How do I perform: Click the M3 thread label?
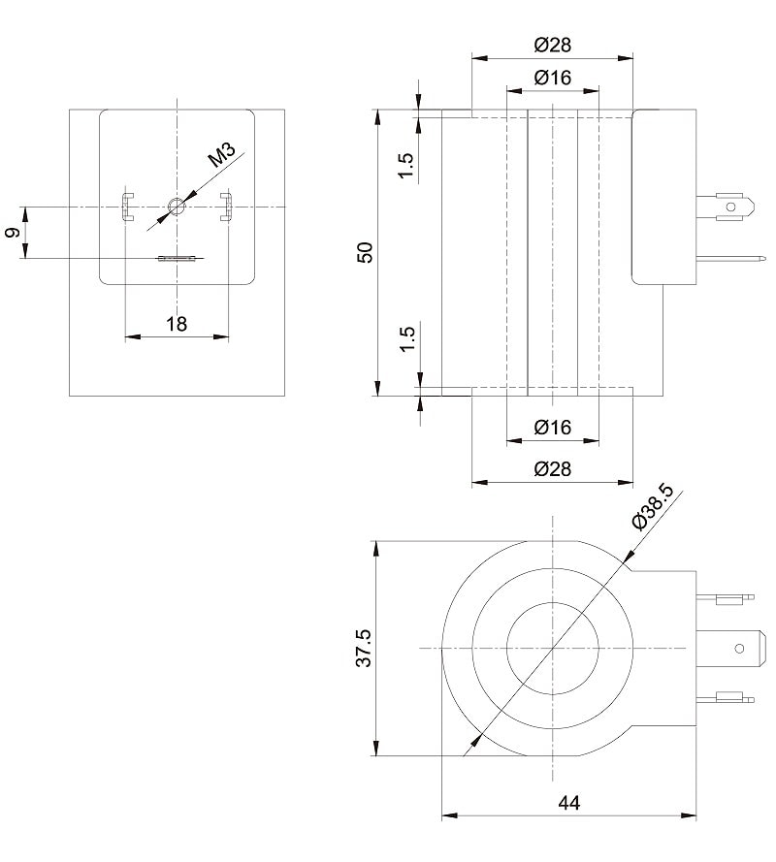click(x=221, y=154)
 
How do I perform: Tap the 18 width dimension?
click(x=177, y=324)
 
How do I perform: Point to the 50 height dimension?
click(x=365, y=252)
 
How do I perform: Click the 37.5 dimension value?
click(x=364, y=649)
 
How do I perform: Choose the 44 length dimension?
click(x=569, y=803)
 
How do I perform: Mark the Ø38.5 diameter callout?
click(x=653, y=506)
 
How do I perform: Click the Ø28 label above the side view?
click(x=553, y=45)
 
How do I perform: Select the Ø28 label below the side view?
click(x=553, y=469)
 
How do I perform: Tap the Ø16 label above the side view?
click(x=553, y=78)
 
